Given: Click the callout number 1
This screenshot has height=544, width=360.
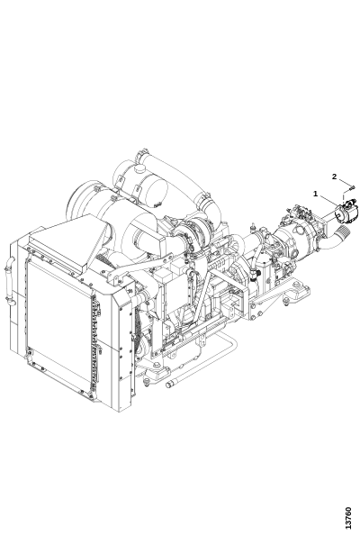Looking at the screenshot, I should [x=315, y=193].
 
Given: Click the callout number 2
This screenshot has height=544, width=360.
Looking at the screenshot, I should [x=334, y=177].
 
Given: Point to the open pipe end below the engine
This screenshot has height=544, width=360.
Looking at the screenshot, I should [x=168, y=385].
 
